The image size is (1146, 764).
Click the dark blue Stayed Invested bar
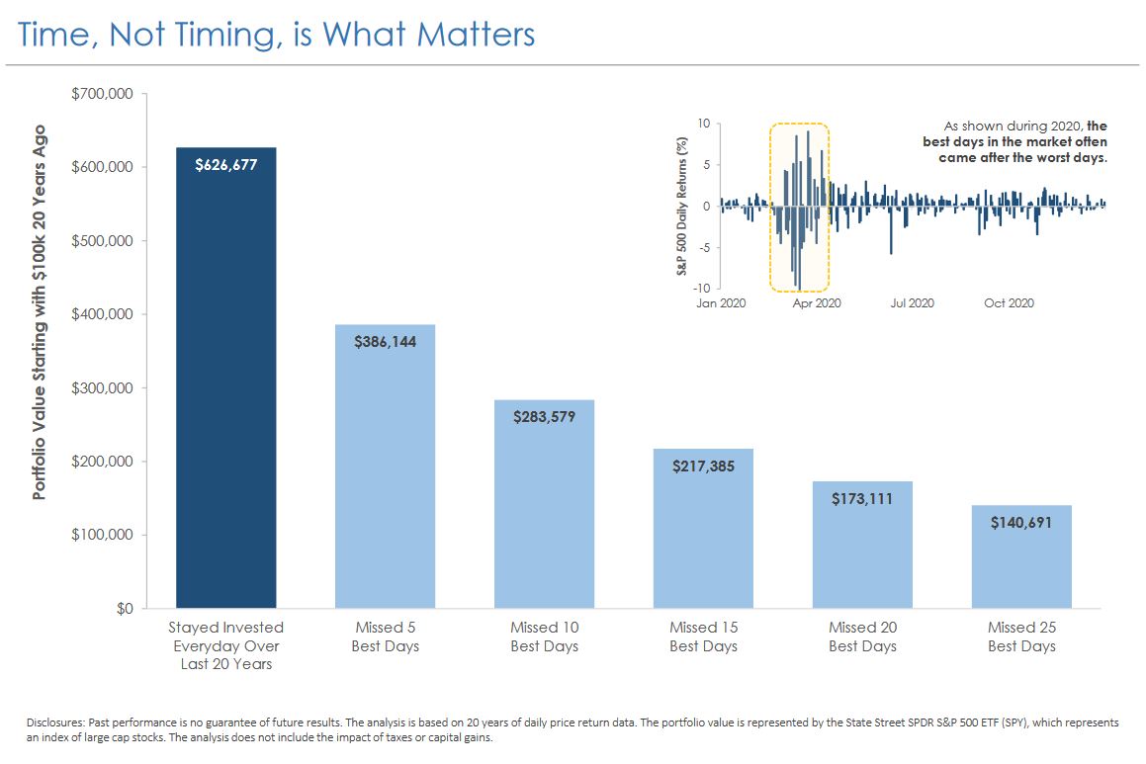coord(225,395)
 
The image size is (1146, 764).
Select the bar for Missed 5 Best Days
coord(385,474)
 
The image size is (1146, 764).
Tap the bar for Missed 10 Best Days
coord(544,514)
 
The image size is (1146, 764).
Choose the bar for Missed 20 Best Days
coord(862,553)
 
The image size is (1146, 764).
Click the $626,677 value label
coord(225,165)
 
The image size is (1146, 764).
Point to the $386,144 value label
coord(385,341)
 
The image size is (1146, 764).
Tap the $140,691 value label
coord(1021,522)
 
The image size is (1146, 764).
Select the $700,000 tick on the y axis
coord(104,94)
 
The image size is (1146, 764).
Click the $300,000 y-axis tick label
coord(104,387)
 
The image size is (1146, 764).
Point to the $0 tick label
coord(123,608)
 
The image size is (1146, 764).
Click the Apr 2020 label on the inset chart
coord(816,303)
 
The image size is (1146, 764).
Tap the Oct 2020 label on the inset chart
coord(1009,303)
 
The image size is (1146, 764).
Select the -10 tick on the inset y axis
coord(702,288)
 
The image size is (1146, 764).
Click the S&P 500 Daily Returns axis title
coord(682,206)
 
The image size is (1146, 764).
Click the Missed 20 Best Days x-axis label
coord(862,637)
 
